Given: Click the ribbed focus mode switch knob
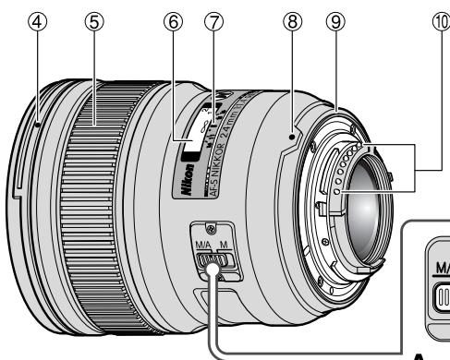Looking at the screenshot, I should point(213,269).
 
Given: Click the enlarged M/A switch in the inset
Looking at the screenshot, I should point(437,297).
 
